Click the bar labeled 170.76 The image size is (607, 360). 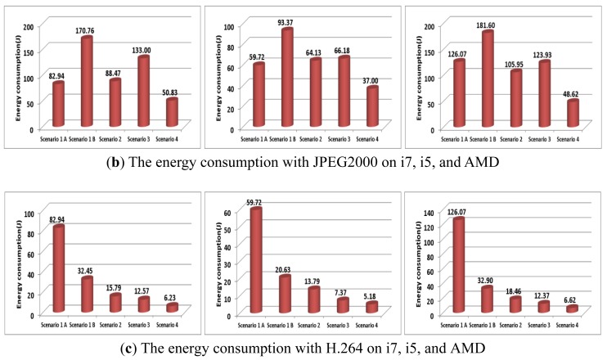(87, 82)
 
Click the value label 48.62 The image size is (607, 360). (573, 92)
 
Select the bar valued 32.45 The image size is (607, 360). (87, 295)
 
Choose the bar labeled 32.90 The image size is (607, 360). (488, 299)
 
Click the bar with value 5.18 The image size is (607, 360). (373, 308)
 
